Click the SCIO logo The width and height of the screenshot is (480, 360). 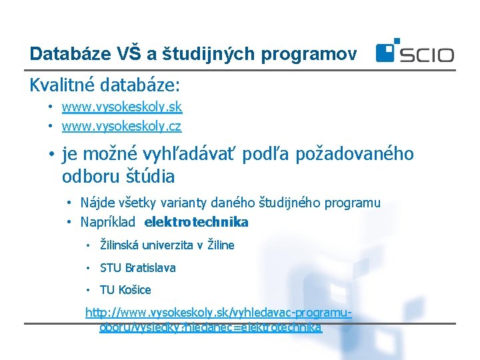point(414,52)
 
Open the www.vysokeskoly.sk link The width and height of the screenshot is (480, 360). point(121,107)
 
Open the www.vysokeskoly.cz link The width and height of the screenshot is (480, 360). point(121,125)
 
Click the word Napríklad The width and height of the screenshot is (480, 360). point(107,222)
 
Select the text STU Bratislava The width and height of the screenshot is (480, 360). point(137,268)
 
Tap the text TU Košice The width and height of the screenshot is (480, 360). point(125,290)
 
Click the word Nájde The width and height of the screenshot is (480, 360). point(96,203)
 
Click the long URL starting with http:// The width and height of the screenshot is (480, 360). point(218,319)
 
